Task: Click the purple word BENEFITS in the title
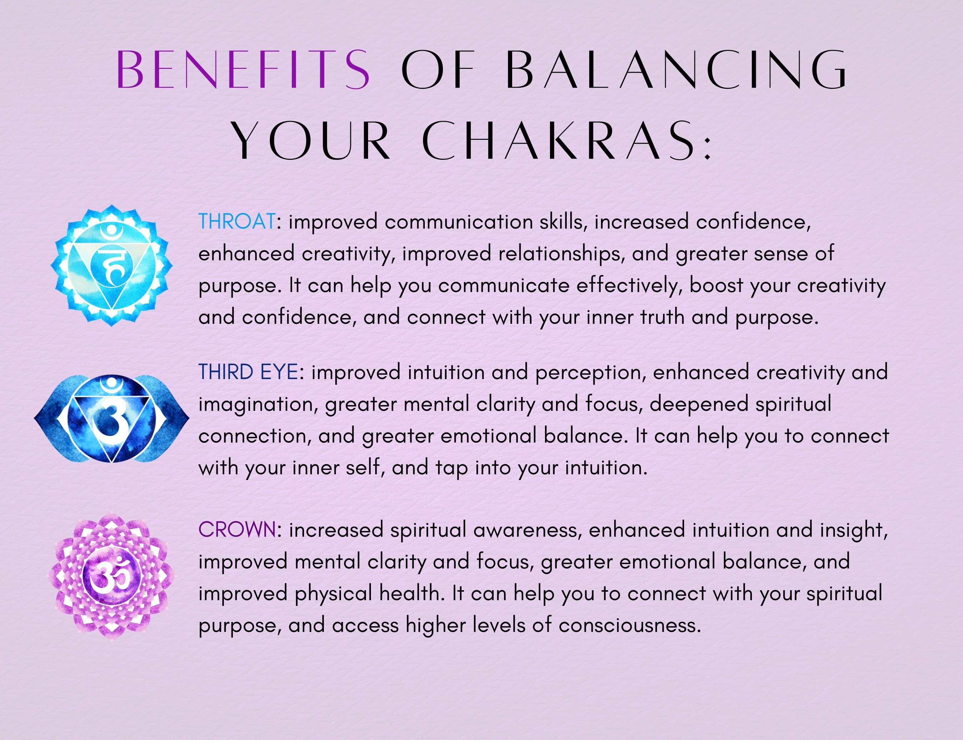click(x=243, y=70)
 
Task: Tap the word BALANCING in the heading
click(x=676, y=70)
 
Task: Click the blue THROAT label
click(x=237, y=221)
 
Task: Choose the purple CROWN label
click(x=237, y=530)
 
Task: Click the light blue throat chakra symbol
click(x=111, y=265)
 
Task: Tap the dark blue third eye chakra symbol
click(x=111, y=418)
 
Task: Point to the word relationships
click(x=562, y=254)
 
